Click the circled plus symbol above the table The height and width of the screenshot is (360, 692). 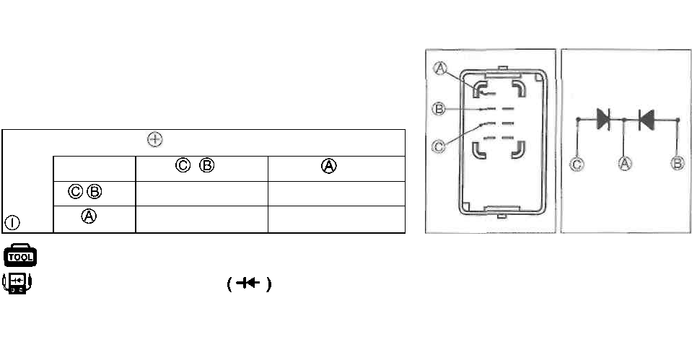153,140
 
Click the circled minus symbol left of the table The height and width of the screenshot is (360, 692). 12,222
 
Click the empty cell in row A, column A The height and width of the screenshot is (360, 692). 336,219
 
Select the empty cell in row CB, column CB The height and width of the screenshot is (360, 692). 201,193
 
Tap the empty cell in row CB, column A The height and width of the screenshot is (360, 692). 336,193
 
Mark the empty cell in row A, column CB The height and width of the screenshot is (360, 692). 201,219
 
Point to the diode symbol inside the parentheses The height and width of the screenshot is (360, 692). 248,284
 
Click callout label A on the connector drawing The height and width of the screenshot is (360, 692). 441,68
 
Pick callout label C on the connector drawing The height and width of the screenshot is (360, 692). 437,146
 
